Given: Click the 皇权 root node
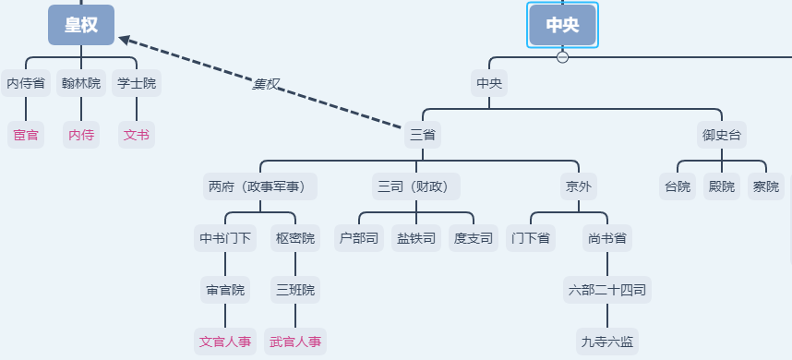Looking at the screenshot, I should point(81,25).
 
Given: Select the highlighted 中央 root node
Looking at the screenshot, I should point(562,25).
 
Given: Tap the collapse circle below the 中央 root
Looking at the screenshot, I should point(562,57).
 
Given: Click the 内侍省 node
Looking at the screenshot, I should point(26,83).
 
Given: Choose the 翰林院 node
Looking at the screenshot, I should point(81,83).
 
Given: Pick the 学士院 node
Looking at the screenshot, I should point(137,83).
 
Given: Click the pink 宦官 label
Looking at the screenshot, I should point(26,135).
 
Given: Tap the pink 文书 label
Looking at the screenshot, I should point(137,135).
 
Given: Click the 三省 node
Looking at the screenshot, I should point(423,135).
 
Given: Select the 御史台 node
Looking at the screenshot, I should point(723,135).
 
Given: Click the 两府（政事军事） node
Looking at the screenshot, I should point(260,186).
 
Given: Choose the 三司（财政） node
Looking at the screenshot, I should point(415,186).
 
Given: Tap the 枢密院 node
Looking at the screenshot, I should point(295,238).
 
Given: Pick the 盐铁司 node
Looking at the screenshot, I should point(416,238).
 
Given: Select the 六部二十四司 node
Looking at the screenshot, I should point(606,290).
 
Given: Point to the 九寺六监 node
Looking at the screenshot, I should point(606,342).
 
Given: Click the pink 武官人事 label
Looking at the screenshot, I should point(295,342).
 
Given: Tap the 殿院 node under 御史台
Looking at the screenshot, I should point(722,186).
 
